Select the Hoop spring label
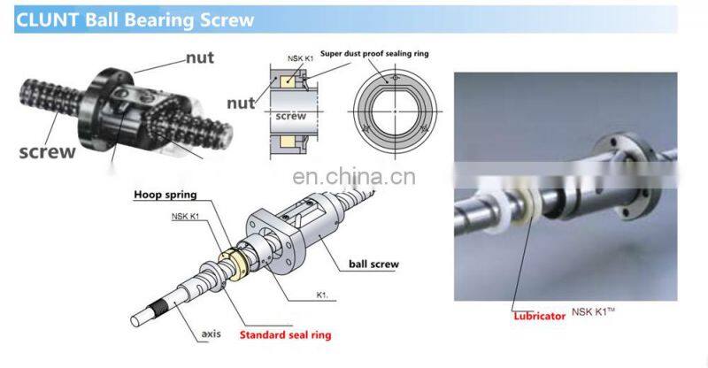coord(165,195)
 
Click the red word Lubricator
coord(538,314)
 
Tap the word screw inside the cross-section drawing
coord(289,116)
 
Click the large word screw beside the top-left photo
coord(47,151)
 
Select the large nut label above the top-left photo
coord(199,58)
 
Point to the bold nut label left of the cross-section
coord(239,103)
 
